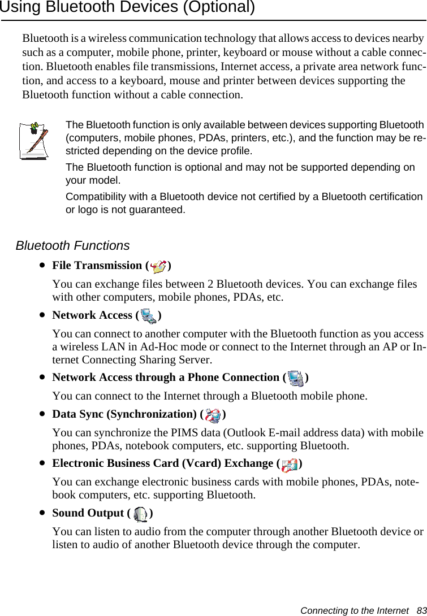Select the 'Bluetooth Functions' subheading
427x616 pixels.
point(72,246)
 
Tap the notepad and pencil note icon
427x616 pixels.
point(33,140)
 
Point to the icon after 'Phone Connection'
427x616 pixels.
point(295,378)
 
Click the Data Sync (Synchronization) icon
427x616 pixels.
point(213,415)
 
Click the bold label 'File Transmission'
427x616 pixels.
point(97,266)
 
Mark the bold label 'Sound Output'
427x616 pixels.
point(88,513)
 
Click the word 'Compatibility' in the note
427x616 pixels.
point(93,197)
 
